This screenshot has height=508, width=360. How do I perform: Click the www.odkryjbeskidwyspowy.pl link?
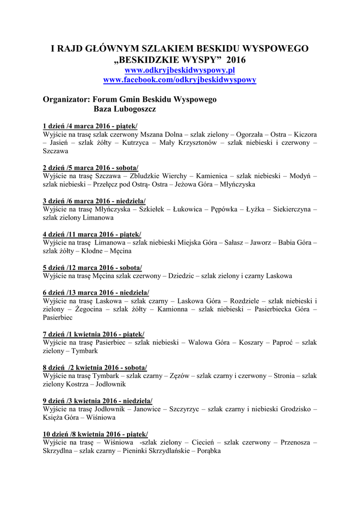click(x=179, y=71)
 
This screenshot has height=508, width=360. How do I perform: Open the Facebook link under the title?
click(x=179, y=80)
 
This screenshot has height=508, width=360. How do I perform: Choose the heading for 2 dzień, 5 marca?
click(x=91, y=168)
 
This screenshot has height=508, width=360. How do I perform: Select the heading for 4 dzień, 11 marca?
click(x=92, y=234)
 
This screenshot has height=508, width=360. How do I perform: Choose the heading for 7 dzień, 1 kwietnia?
click(x=94, y=334)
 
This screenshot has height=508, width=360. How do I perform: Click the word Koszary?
click(x=251, y=342)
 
